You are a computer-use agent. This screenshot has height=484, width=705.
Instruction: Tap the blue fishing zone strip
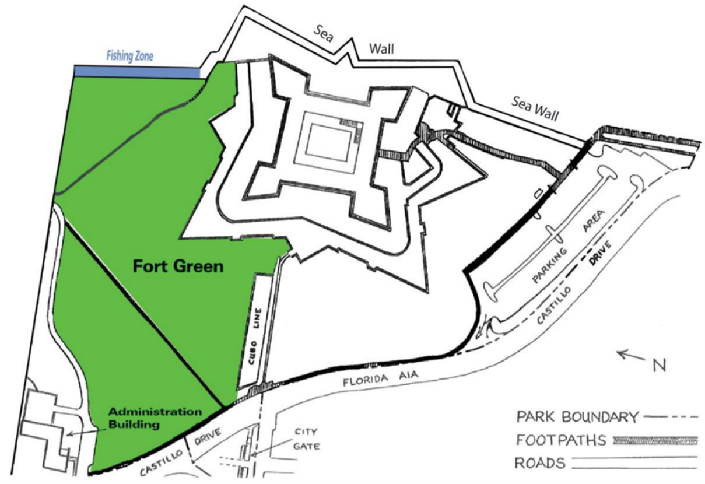point(136,72)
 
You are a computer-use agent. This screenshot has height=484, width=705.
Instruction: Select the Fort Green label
point(178,266)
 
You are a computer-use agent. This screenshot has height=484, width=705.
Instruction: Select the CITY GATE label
point(306,439)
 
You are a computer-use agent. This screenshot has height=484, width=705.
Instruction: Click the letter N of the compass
point(658,366)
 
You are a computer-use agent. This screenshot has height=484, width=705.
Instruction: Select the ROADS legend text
point(540,464)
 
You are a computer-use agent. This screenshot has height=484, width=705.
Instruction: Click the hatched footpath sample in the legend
point(655,440)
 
